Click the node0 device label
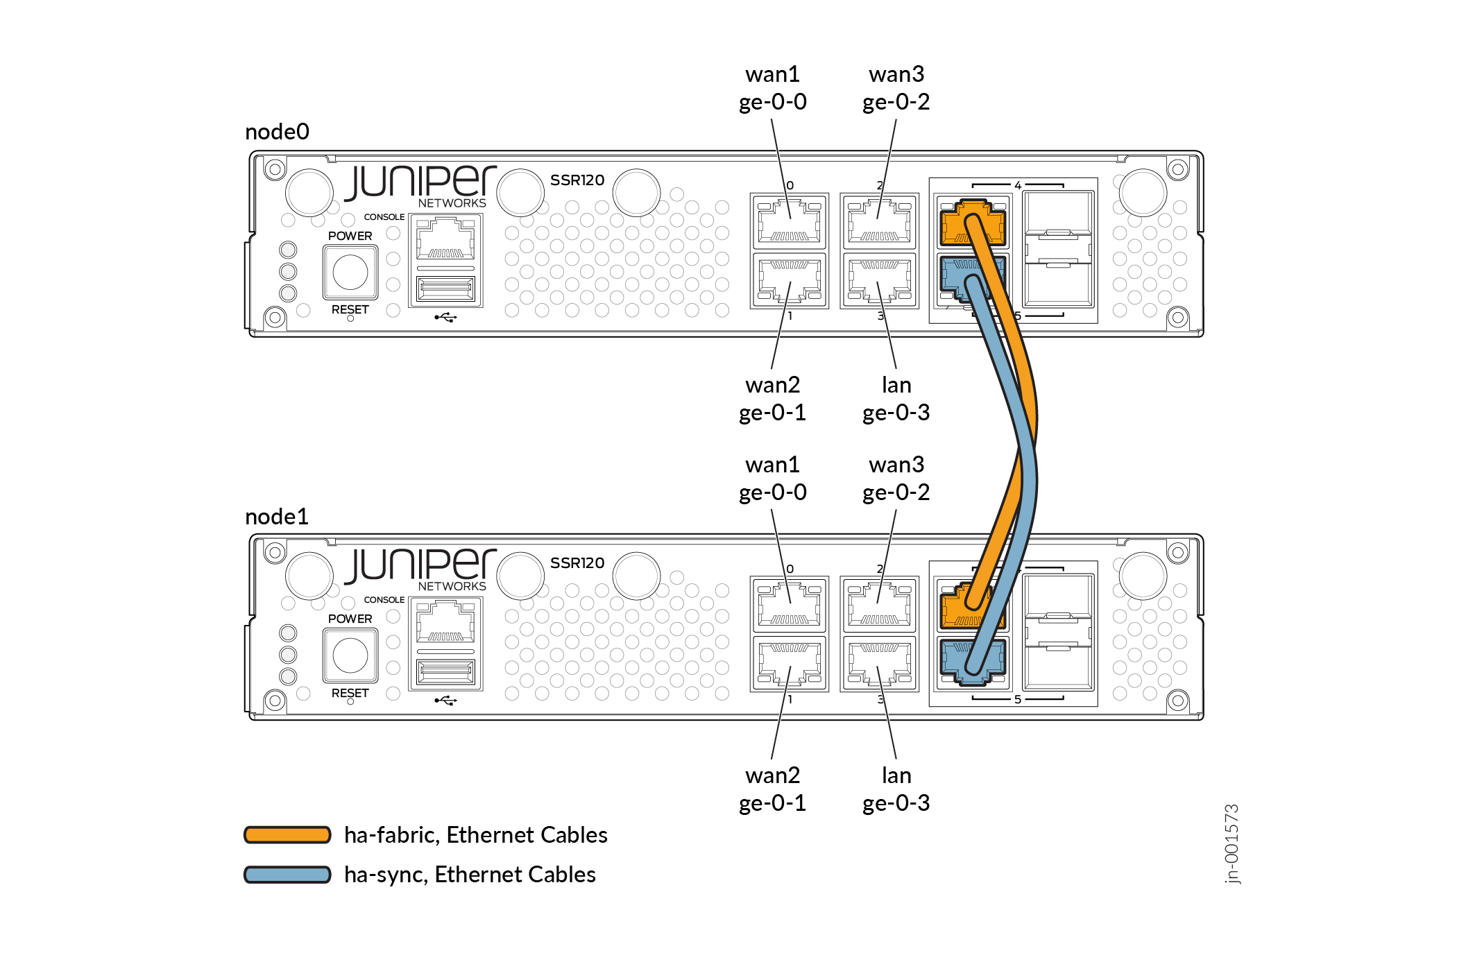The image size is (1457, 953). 277,132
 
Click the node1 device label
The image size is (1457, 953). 277,517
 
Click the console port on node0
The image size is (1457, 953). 445,239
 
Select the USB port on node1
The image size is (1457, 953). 445,673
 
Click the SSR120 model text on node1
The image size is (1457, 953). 577,563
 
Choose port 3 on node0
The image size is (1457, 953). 880,281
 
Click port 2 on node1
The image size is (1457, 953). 880,604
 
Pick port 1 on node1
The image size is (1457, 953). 790,664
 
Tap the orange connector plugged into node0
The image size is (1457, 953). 971,222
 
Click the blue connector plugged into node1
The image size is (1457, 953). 971,661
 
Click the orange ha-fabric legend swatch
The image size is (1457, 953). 287,834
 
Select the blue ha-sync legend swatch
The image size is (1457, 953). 287,875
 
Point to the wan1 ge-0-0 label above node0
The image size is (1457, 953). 772,88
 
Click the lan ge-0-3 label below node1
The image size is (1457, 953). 896,789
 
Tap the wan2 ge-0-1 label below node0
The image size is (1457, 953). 772,399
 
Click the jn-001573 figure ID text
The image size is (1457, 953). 1232,844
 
